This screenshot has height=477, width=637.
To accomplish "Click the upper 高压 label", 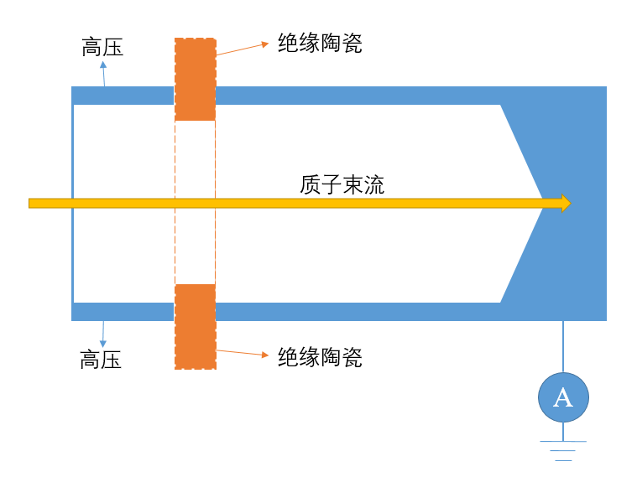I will pos(102,47).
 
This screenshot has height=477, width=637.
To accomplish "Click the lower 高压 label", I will pos(101,360).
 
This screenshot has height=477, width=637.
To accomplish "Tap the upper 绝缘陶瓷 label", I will pos(320,44).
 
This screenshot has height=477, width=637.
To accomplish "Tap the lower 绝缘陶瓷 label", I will pos(320,357).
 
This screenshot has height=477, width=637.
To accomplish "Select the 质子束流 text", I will pos(342,184).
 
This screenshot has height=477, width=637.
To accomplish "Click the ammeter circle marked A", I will pos(563,397).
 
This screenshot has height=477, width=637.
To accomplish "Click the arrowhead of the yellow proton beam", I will pos(566,203).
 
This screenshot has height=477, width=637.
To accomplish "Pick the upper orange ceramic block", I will pos(195,80).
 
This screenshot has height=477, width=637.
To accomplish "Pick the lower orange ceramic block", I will pos(195,326).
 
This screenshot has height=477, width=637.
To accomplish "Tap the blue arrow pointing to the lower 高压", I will pos(102,334).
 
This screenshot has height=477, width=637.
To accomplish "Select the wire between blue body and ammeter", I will pos(563,346).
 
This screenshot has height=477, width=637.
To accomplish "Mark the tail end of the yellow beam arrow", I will pos(32,203).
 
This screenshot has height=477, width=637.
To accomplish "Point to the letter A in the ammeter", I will pos(563,397).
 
